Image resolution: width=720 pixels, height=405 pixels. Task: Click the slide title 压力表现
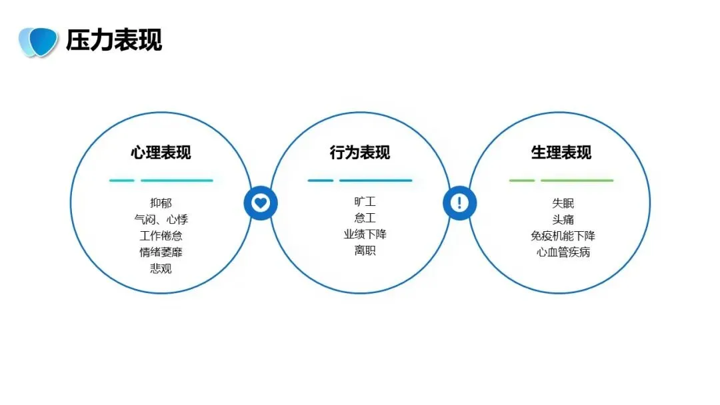click(x=114, y=40)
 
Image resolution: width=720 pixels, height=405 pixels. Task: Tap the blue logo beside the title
click(x=38, y=41)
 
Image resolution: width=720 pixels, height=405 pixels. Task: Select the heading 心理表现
click(x=161, y=153)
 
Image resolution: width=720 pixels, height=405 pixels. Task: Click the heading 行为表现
click(x=360, y=153)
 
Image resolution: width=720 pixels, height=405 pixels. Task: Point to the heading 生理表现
click(x=561, y=153)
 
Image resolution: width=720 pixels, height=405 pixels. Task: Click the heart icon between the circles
click(x=261, y=202)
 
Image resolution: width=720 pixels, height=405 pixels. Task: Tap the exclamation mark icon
click(x=459, y=202)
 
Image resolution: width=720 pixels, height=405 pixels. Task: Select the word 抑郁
click(x=161, y=202)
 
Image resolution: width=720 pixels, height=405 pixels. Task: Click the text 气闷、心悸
click(x=161, y=219)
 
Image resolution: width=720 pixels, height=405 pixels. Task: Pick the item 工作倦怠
click(x=161, y=236)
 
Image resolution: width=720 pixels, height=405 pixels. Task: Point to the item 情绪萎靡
click(x=161, y=252)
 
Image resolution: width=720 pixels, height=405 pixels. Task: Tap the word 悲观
click(x=161, y=269)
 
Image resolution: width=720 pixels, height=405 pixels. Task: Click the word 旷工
click(x=365, y=201)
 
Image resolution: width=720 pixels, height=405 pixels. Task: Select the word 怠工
click(x=365, y=218)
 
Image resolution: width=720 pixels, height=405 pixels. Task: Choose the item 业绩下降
click(x=365, y=234)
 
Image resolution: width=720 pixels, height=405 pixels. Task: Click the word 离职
click(x=365, y=251)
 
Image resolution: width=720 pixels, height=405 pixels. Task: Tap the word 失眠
click(x=563, y=202)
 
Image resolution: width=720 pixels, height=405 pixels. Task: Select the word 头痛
click(x=563, y=219)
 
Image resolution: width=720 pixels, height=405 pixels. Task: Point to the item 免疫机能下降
click(x=563, y=236)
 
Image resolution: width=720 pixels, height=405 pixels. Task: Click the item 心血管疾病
click(x=563, y=252)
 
